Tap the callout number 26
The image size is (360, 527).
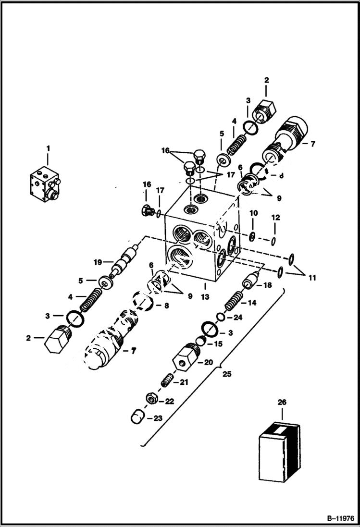pos(281,401)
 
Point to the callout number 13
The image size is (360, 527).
pos(205,296)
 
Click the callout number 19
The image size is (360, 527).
pos(98,262)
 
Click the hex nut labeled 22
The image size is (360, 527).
pos(150,399)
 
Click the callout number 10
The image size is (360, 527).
pos(254,212)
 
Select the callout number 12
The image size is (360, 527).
pos(275,217)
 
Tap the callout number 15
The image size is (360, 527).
pos(219,343)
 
